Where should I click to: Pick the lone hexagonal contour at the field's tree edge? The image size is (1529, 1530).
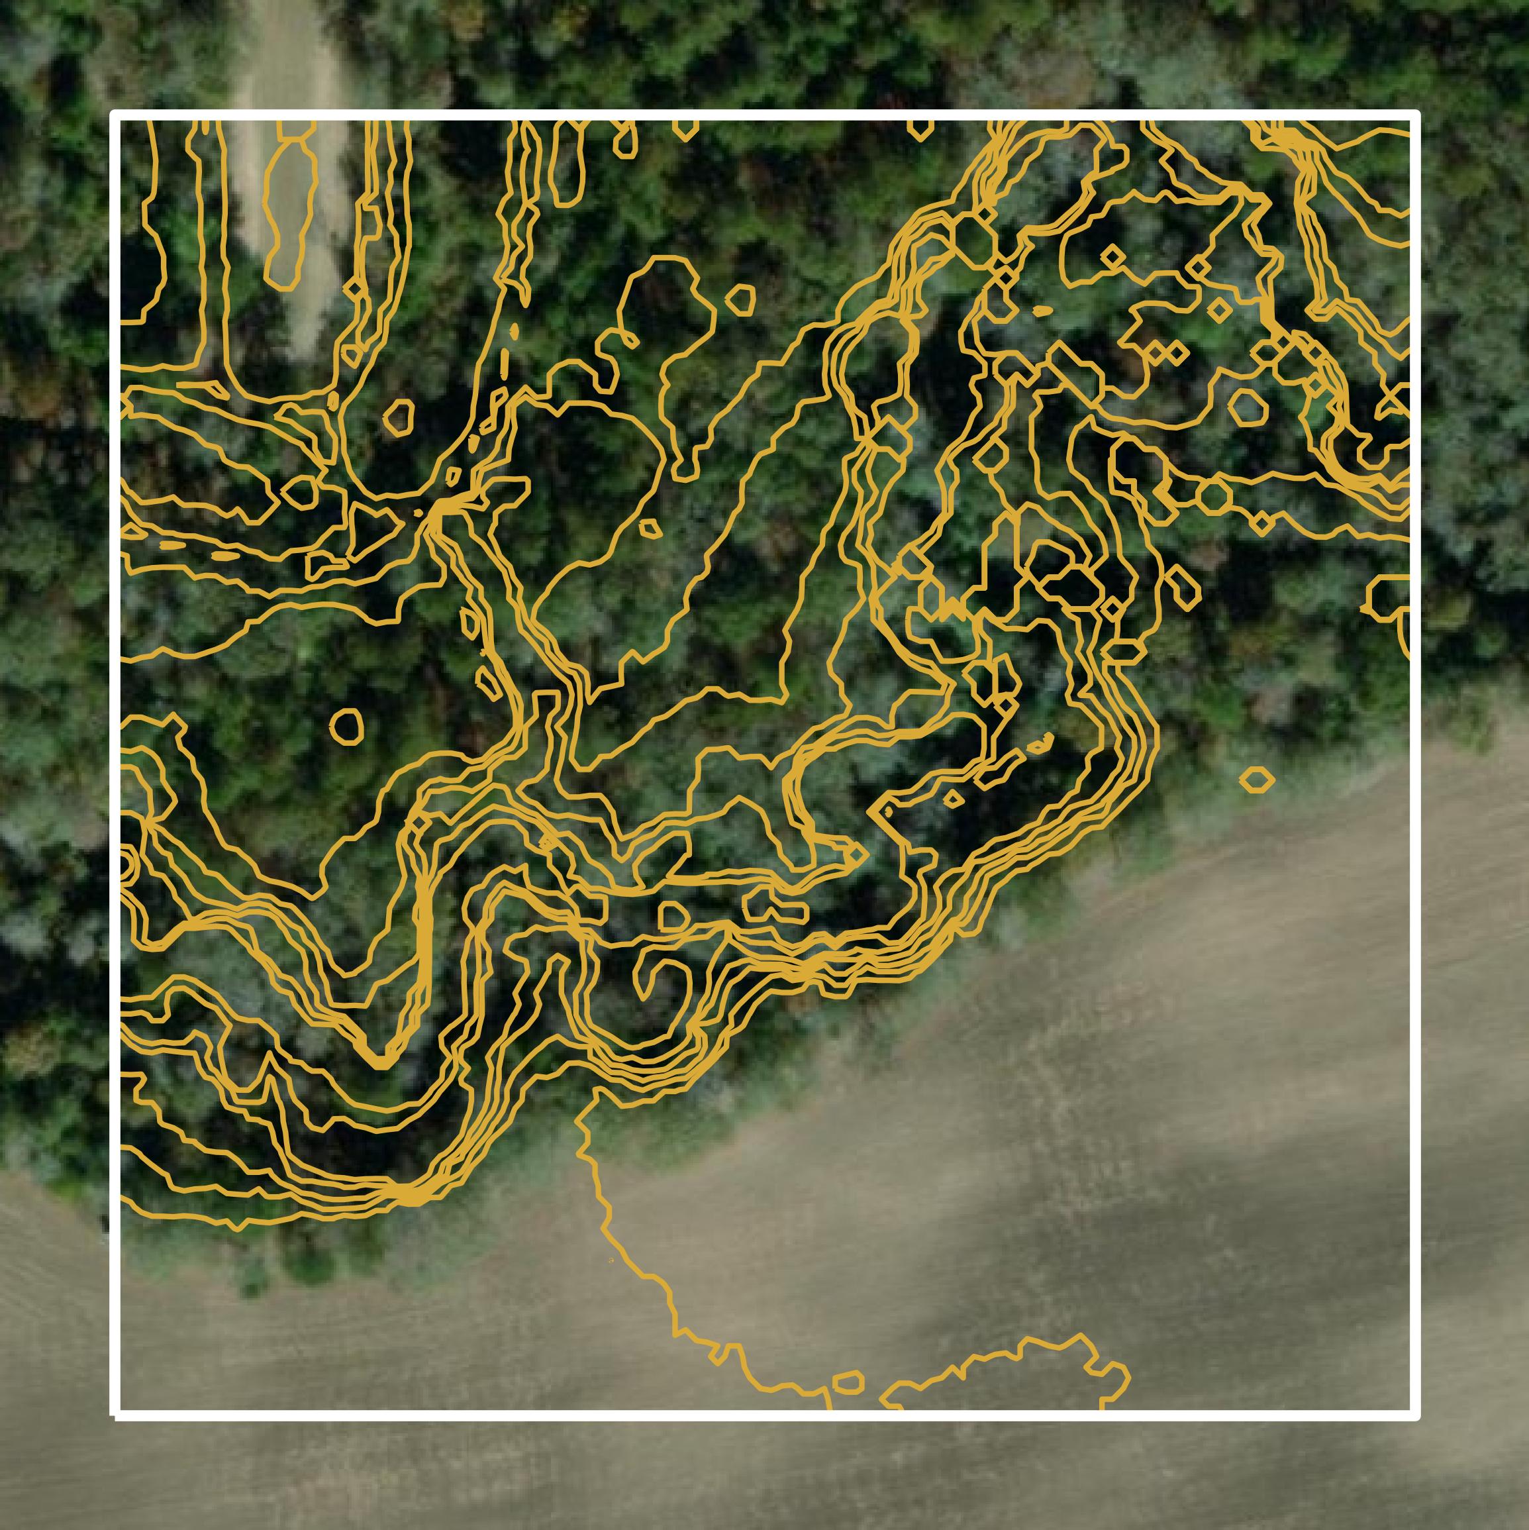click(x=1256, y=780)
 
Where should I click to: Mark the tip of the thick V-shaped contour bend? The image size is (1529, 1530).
click(x=380, y=1061)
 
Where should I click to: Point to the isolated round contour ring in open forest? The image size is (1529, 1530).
click(x=346, y=725)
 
